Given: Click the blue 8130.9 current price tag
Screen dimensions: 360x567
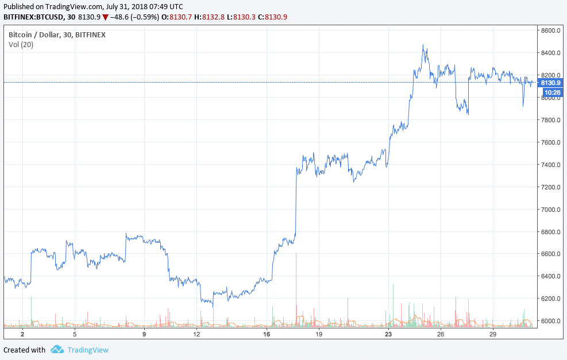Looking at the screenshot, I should point(550,83).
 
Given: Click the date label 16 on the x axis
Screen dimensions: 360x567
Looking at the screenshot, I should point(266,334).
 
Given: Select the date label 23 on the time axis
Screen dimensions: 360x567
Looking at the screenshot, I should point(388,334).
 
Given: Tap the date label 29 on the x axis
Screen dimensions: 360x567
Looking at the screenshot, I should point(492,334).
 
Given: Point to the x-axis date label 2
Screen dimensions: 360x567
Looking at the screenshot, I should point(22,334).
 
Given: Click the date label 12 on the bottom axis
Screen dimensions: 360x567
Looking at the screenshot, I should point(196,334).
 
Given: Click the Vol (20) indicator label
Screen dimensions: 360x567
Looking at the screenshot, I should point(21,45).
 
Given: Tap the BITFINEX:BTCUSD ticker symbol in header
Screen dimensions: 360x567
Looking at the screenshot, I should point(32,17).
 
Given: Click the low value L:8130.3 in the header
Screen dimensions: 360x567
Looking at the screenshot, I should point(241,17).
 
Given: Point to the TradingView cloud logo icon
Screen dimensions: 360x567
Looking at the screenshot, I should point(57,350).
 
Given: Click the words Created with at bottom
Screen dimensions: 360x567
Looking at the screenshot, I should point(24,350).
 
